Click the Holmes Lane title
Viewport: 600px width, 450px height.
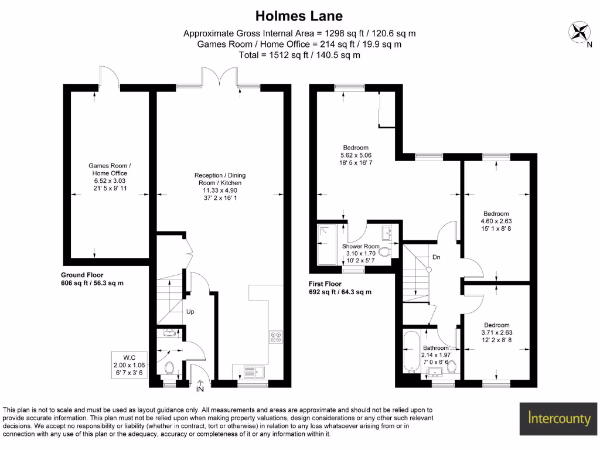(x=299, y=15)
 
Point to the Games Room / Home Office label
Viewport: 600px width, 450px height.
(x=110, y=169)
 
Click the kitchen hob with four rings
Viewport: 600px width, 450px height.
(x=275, y=337)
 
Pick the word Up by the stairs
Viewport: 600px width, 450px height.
(x=190, y=312)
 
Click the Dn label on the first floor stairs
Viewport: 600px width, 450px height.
(x=437, y=257)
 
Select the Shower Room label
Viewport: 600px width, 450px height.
(x=361, y=246)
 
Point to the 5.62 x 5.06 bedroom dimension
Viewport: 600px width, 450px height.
(x=356, y=155)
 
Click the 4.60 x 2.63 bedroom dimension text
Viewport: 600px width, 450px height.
(x=496, y=221)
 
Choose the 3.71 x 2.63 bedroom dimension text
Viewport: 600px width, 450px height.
(x=496, y=332)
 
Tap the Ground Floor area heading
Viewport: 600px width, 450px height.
(x=82, y=275)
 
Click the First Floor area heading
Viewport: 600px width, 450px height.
(x=329, y=284)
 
